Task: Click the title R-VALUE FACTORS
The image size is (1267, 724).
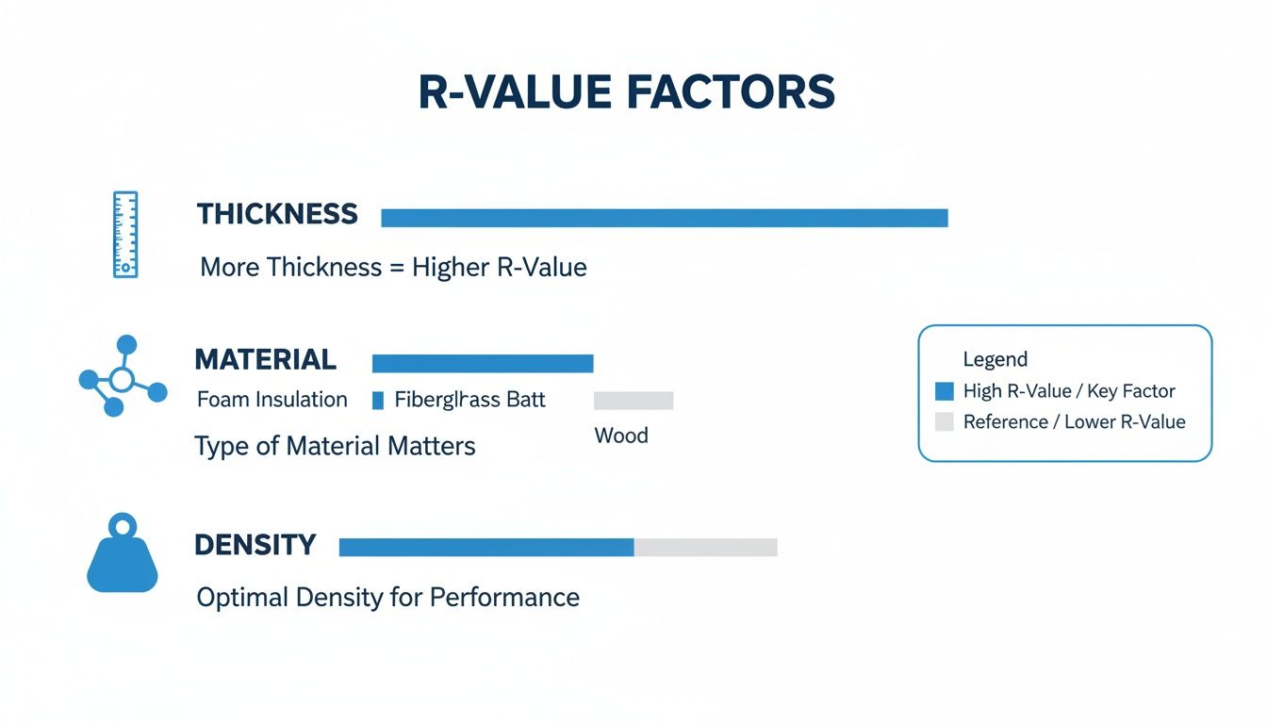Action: pyautogui.click(x=627, y=93)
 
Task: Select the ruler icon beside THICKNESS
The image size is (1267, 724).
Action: pyautogui.click(x=125, y=235)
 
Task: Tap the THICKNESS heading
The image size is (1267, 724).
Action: pyautogui.click(x=277, y=214)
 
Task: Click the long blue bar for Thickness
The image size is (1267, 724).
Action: pyautogui.click(x=664, y=218)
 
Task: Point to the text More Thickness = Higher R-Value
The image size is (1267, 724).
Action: pyautogui.click(x=393, y=267)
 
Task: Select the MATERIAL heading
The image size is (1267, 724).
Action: pyautogui.click(x=265, y=359)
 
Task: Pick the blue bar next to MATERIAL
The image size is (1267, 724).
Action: pyautogui.click(x=483, y=363)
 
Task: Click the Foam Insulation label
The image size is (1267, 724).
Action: pyautogui.click(x=271, y=399)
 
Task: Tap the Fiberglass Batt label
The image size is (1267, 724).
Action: pyautogui.click(x=469, y=399)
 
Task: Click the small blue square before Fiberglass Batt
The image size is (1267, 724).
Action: pyautogui.click(x=378, y=401)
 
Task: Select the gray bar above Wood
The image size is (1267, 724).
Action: pyautogui.click(x=633, y=401)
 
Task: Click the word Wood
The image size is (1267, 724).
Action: pyautogui.click(x=621, y=436)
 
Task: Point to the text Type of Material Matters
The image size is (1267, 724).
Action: pyautogui.click(x=335, y=445)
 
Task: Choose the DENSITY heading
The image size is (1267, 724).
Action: pyautogui.click(x=255, y=545)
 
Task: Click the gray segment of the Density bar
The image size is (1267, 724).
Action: pyautogui.click(x=705, y=547)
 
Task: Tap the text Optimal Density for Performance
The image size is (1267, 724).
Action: pyautogui.click(x=387, y=597)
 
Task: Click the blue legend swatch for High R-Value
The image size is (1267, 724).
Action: pyautogui.click(x=945, y=391)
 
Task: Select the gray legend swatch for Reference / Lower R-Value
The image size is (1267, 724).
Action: pyautogui.click(x=945, y=421)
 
